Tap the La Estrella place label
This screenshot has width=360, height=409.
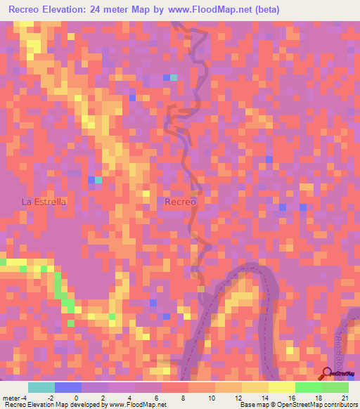coord(44,202)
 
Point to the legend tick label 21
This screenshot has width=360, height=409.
coord(345,397)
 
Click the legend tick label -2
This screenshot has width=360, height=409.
coord(51,397)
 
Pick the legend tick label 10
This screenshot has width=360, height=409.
coord(211,397)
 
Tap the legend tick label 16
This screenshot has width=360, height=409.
coord(291,397)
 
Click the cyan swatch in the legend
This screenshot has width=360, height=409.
coord(41,387)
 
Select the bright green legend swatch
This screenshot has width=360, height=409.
coord(309,387)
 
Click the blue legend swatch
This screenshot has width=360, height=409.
coord(68,387)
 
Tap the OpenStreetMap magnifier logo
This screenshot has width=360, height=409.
coord(327,375)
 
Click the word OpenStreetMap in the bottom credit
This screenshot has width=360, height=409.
coord(302,405)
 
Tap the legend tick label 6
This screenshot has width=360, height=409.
coord(158,397)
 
